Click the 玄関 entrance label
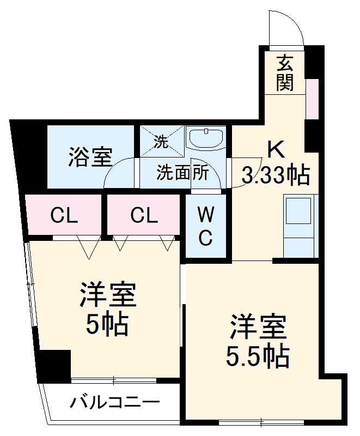(284, 74)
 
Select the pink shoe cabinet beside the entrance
(312, 99)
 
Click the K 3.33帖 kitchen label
(275, 162)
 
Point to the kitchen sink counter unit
(300, 227)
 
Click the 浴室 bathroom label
(90, 157)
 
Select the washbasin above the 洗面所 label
(205, 138)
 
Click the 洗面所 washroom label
(182, 173)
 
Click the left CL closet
(64, 216)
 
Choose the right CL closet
(144, 216)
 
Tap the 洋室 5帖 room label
(107, 308)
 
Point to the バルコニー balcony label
(115, 403)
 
